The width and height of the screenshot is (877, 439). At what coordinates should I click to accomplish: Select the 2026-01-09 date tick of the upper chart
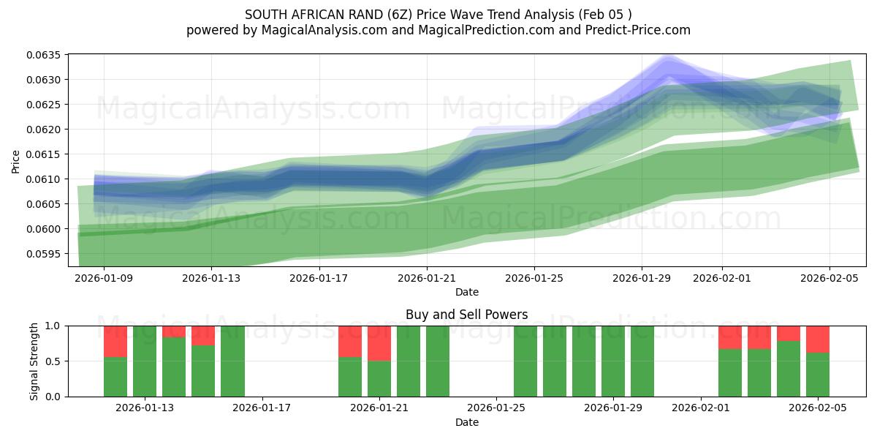[103, 278]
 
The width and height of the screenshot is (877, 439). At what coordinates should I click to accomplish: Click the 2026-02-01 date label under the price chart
[722, 278]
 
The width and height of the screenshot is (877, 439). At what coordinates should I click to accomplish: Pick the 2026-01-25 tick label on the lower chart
[496, 408]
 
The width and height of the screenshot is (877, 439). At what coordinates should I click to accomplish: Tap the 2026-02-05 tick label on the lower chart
[818, 408]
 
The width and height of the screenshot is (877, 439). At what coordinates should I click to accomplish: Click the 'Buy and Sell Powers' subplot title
[466, 315]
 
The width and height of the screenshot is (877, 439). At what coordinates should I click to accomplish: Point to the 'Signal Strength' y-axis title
[34, 361]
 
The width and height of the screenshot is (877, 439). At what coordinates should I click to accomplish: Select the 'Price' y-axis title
[16, 162]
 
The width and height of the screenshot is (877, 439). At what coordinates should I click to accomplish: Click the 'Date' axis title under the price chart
[467, 292]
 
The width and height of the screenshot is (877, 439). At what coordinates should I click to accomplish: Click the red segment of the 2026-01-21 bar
[379, 342]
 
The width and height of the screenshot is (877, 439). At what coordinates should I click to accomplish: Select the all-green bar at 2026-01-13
[145, 361]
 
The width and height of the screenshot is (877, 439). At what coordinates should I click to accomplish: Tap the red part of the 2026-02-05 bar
[818, 339]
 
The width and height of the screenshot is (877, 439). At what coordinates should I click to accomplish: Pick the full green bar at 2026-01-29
[613, 361]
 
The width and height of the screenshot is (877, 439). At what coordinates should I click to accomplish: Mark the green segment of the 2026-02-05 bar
[818, 375]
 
